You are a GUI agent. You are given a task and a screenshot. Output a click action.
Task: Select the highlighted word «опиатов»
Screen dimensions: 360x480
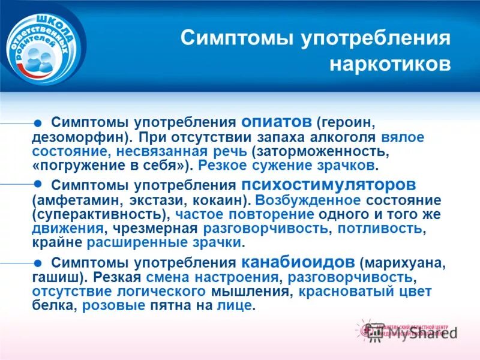point(277,121)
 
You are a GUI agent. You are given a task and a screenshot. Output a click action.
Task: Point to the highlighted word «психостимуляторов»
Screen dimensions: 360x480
point(328,184)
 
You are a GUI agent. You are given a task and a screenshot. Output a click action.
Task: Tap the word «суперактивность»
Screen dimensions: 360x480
point(98,214)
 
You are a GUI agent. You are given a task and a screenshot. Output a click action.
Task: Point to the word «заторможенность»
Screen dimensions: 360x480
point(325,151)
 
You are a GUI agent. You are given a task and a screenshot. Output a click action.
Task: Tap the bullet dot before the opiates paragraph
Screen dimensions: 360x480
point(37,122)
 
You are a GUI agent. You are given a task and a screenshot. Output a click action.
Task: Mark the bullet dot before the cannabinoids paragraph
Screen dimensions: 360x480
point(37,262)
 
